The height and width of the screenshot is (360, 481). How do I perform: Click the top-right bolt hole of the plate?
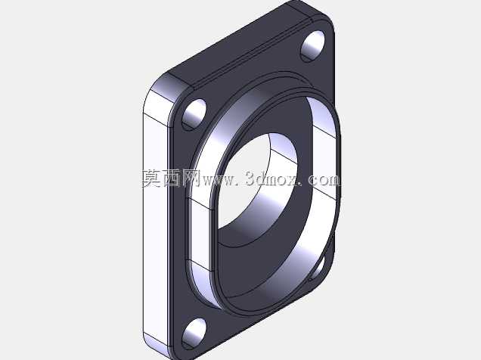[x=312, y=46]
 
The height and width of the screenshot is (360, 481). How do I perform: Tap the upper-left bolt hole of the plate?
[x=194, y=115]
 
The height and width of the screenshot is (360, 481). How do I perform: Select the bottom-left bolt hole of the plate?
[x=194, y=334]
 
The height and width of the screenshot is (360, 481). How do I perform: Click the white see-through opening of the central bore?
[x=245, y=181]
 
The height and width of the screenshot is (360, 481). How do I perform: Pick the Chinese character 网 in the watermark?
[x=191, y=178]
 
